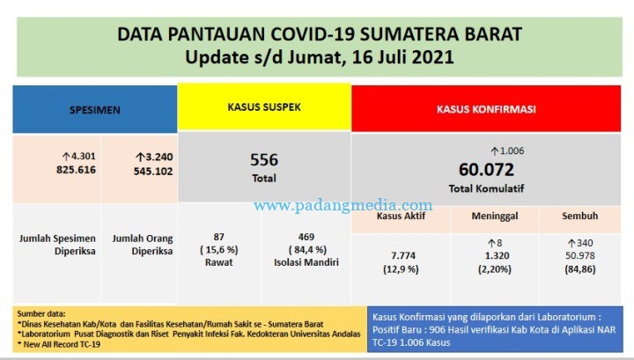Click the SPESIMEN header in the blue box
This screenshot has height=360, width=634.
pyautogui.click(x=94, y=110)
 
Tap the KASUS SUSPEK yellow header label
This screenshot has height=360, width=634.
pyautogui.click(x=264, y=107)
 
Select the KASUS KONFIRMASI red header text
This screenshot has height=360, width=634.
pyautogui.click(x=486, y=109)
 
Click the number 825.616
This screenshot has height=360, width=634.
pyautogui.click(x=76, y=170)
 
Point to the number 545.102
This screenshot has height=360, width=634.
pyautogui.click(x=153, y=172)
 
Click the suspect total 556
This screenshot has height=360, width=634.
pyautogui.click(x=264, y=160)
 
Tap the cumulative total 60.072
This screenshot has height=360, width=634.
pyautogui.click(x=486, y=170)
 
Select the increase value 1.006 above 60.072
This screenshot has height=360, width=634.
pyautogui.click(x=512, y=151)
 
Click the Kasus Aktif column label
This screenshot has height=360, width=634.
pyautogui.click(x=401, y=216)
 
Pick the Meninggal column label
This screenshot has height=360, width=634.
pyautogui.click(x=495, y=217)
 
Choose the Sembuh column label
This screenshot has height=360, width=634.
pyautogui.click(x=579, y=216)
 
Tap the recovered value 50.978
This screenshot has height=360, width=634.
pyautogui.click(x=579, y=256)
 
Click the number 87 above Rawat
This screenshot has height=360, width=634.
pyautogui.click(x=218, y=237)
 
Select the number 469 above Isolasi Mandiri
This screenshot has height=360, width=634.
pyautogui.click(x=306, y=237)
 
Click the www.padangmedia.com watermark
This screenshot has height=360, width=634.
pyautogui.click(x=343, y=206)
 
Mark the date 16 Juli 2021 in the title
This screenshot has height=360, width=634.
pyautogui.click(x=403, y=57)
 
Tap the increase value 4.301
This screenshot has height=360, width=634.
pyautogui.click(x=84, y=156)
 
